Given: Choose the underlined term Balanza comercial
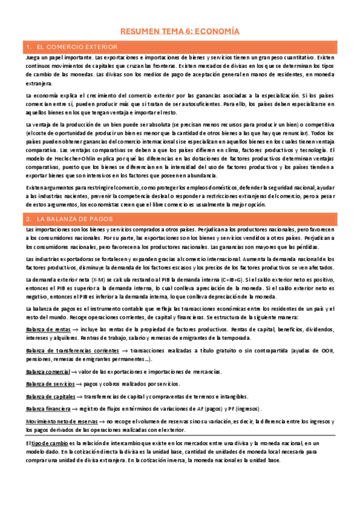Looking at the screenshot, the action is click(47, 372).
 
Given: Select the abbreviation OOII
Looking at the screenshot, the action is click(326, 350).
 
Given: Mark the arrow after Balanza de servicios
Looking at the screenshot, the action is click(79, 384).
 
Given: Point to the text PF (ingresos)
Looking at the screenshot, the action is click(245, 408).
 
